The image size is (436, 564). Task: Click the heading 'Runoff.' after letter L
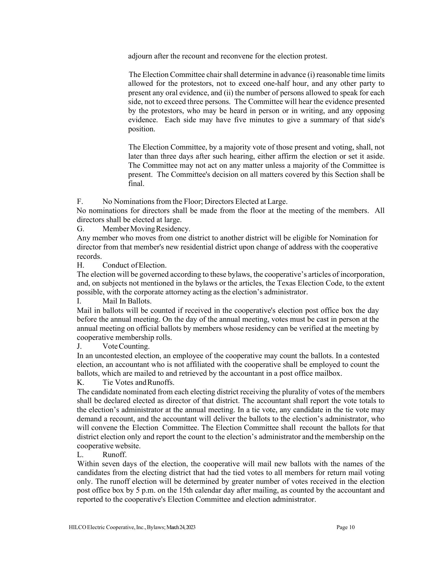tap(115, 455)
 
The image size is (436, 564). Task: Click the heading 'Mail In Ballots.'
tap(127, 301)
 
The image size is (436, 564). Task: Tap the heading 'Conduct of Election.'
tap(135, 265)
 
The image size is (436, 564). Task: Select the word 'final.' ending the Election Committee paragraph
tap(136, 184)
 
